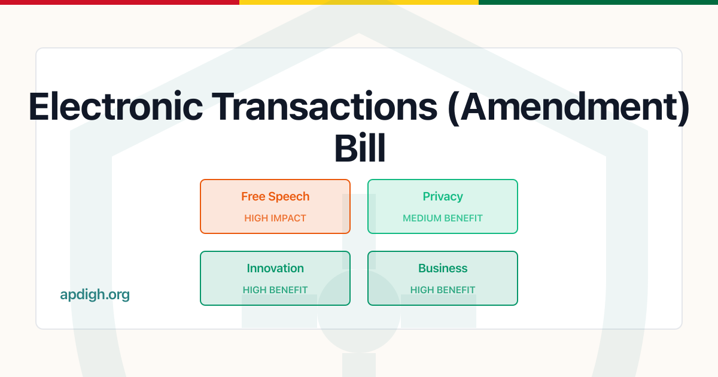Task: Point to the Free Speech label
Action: [x=275, y=196]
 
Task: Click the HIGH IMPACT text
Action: [x=275, y=218]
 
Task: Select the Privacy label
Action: [x=443, y=196]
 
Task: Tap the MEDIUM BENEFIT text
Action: [x=443, y=218]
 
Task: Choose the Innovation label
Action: [x=275, y=268]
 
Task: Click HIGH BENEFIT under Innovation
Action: [x=275, y=290]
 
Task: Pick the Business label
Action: [x=443, y=268]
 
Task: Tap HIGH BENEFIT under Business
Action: [x=443, y=290]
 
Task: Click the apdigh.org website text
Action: [x=95, y=294]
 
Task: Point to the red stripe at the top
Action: [x=120, y=2]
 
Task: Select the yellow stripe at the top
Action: [x=359, y=2]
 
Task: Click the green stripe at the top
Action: [x=598, y=2]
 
